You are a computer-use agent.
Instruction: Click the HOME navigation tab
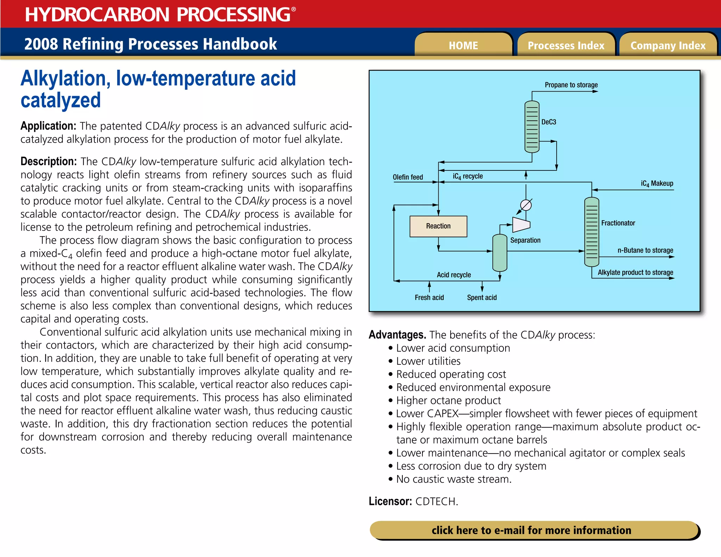pos(463,45)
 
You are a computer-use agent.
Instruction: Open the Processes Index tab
pos(566,45)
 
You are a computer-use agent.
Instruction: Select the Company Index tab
pos(668,45)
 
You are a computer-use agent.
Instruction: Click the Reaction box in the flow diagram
pos(438,226)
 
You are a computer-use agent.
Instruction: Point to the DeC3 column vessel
pos(532,127)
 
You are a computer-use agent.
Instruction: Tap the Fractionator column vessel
pos(591,232)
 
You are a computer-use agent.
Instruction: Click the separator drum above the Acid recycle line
pos(500,252)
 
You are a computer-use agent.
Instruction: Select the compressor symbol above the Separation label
pos(521,224)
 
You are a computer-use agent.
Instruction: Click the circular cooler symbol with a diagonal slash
pos(526,205)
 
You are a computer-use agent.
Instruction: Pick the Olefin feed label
pos(408,177)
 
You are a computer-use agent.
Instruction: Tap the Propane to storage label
pos(571,85)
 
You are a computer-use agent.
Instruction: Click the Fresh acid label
pos(429,298)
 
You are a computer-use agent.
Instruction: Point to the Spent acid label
pos(482,298)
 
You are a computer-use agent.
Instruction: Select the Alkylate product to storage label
pos(635,272)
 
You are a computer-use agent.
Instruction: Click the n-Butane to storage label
pos(645,250)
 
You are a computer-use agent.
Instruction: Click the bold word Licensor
pos(390,501)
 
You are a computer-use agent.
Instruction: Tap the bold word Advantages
pos(397,334)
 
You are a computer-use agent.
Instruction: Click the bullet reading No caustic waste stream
pos(453,479)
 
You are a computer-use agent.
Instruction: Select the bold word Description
pos(49,161)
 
